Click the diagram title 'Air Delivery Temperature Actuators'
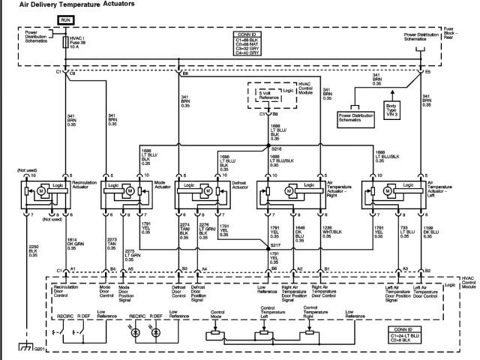click(72, 4)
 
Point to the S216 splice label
click(277, 149)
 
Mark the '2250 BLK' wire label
click(32, 250)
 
